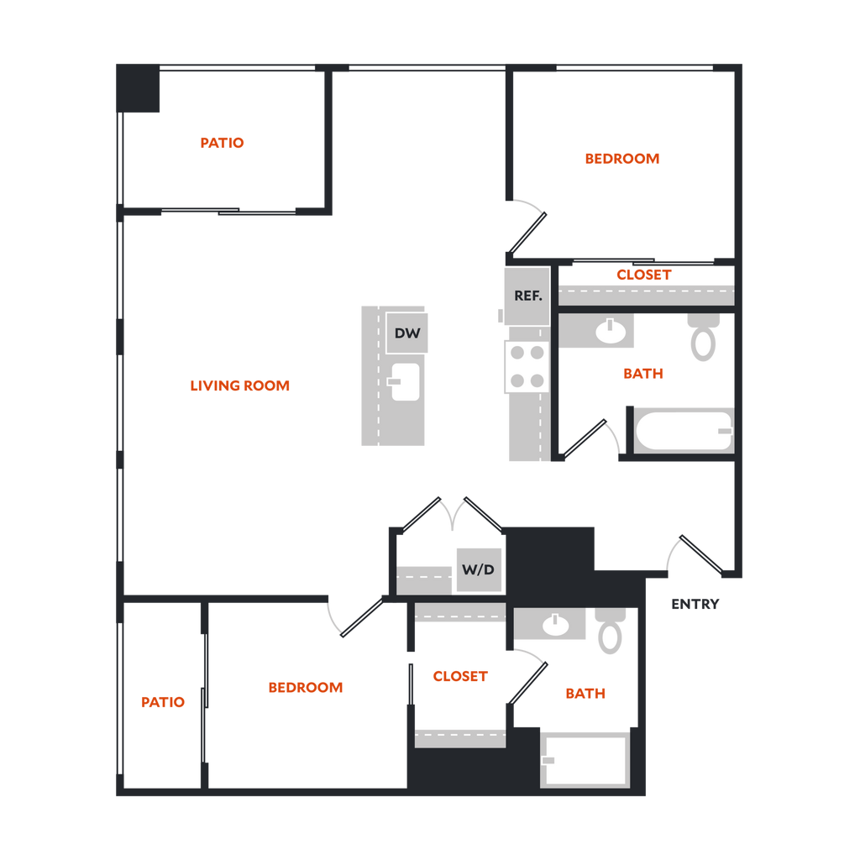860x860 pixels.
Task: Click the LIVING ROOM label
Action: (239, 385)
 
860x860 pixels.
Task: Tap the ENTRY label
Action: (695, 604)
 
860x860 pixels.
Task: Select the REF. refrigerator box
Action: (527, 296)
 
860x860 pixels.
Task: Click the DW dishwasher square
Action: (407, 333)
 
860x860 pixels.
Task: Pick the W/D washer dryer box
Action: (479, 570)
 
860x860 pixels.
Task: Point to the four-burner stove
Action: (527, 366)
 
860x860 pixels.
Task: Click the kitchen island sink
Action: (405, 381)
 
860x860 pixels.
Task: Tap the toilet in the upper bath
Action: (703, 338)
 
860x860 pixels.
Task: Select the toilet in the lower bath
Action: (610, 631)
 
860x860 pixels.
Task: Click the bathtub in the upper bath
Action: (684, 431)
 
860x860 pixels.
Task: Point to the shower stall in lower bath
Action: (585, 759)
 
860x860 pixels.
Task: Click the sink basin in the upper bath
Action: (611, 331)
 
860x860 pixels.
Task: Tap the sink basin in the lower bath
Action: (555, 624)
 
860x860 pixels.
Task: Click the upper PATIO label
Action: (222, 143)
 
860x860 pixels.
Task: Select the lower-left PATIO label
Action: (163, 702)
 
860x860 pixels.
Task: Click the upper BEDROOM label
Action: (622, 159)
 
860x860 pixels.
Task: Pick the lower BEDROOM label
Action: (306, 687)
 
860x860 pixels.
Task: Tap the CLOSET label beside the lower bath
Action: (460, 676)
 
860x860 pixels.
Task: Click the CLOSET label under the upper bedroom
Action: (644, 275)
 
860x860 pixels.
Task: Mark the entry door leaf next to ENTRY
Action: (701, 554)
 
